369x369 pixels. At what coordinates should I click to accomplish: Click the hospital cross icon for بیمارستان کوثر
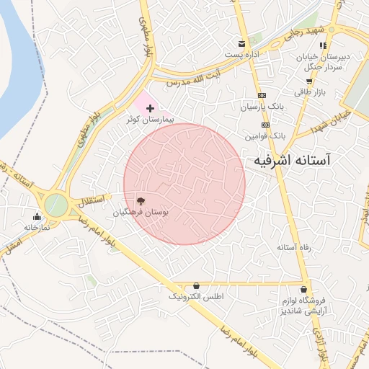[150, 107]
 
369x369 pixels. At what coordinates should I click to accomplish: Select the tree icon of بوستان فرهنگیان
[140, 201]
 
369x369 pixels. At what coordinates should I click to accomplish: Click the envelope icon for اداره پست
[241, 43]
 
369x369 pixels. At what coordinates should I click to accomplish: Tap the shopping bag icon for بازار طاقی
[303, 81]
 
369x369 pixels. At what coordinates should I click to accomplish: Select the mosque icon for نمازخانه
[37, 215]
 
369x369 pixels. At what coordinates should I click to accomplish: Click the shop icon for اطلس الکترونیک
[197, 285]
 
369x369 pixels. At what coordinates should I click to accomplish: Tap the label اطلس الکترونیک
[196, 297]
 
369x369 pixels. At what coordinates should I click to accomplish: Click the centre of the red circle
[184, 184]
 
